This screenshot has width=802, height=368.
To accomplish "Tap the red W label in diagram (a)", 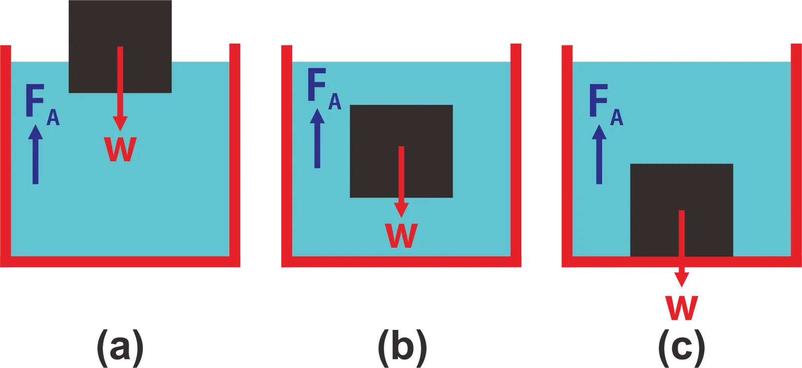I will pyautogui.click(x=120, y=149).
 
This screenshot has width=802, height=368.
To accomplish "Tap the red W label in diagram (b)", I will pyautogui.click(x=401, y=235).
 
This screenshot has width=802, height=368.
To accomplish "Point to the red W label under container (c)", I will pyautogui.click(x=682, y=307).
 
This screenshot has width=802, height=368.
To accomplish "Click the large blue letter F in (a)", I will pyautogui.click(x=35, y=101).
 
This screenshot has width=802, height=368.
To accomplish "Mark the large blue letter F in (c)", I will pyautogui.click(x=598, y=101).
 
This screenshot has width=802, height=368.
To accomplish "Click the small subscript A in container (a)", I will pyautogui.click(x=53, y=118).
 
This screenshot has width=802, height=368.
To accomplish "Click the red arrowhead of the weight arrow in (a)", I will pyautogui.click(x=120, y=123).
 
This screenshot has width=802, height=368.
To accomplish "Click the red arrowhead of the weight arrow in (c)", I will pyautogui.click(x=681, y=278).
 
